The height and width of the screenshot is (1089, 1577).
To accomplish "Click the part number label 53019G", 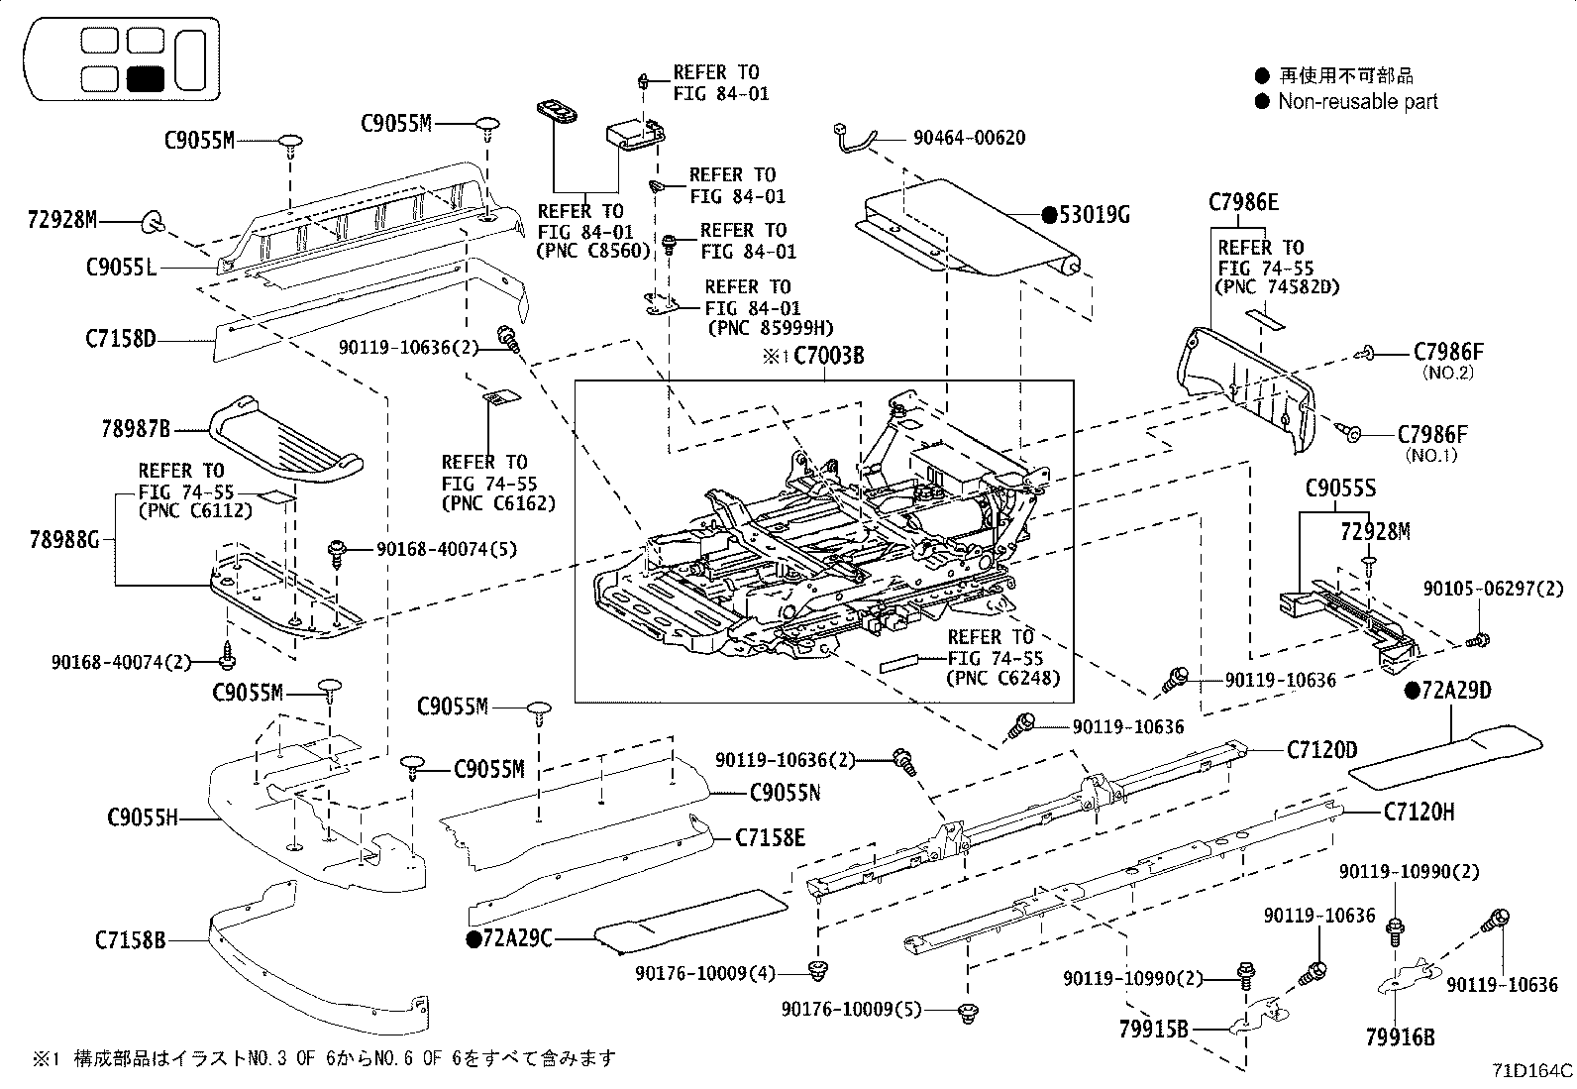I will click(x=1095, y=214).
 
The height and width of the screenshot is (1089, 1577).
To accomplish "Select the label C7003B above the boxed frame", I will click(x=828, y=356).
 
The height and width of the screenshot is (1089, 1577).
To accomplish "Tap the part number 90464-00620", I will click(x=969, y=138).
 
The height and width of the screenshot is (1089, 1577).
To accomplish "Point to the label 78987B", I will click(x=136, y=429).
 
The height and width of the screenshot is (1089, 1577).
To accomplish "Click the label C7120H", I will click(x=1419, y=813).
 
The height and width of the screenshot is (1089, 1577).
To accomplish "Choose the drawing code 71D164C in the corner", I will click(x=1532, y=1071).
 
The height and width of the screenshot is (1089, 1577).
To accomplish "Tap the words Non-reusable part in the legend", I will click(x=1357, y=101).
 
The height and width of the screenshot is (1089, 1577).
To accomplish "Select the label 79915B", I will click(x=1153, y=1030).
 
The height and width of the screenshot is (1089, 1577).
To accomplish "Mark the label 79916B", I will click(x=1400, y=1037).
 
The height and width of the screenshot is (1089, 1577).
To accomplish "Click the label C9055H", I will click(x=142, y=818).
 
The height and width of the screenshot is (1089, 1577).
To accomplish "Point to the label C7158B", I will click(x=131, y=939).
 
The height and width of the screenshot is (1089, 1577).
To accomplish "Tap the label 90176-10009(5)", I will click(x=851, y=1009).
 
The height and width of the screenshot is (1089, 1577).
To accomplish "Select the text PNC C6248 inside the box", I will click(x=1002, y=679).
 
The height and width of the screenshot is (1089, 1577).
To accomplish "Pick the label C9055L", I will click(x=121, y=267).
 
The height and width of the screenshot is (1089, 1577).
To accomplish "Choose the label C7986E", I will click(x=1243, y=203).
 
